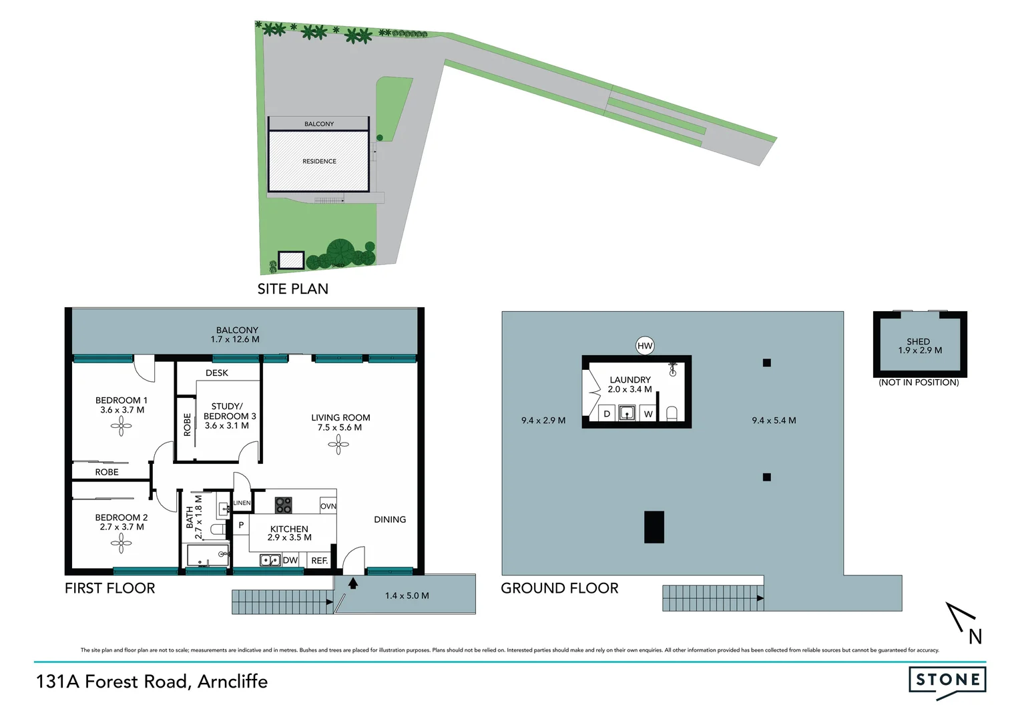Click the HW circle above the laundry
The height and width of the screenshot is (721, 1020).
click(x=644, y=345)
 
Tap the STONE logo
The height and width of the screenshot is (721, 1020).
click(x=947, y=681)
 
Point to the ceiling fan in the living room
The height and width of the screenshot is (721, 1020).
click(x=338, y=445)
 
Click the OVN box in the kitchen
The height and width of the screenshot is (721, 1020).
click(x=328, y=506)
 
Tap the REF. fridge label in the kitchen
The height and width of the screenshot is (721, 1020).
click(x=320, y=561)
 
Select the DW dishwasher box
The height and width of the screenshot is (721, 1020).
click(x=290, y=560)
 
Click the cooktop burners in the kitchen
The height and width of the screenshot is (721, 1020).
click(x=283, y=505)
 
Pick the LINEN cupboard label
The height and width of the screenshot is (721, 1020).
click(x=242, y=503)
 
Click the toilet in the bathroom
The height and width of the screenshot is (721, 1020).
click(x=216, y=530)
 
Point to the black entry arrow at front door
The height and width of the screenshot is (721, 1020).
click(x=352, y=583)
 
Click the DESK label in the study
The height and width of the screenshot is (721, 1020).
click(x=217, y=373)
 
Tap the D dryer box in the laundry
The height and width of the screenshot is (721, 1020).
click(x=607, y=414)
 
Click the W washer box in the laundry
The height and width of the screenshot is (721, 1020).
click(x=648, y=414)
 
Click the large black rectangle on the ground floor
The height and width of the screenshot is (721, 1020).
click(x=654, y=527)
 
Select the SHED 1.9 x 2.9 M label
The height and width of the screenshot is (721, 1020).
click(x=919, y=346)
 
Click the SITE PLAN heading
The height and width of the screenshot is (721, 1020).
click(x=292, y=289)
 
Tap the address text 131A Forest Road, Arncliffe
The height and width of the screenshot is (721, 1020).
click(x=152, y=682)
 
